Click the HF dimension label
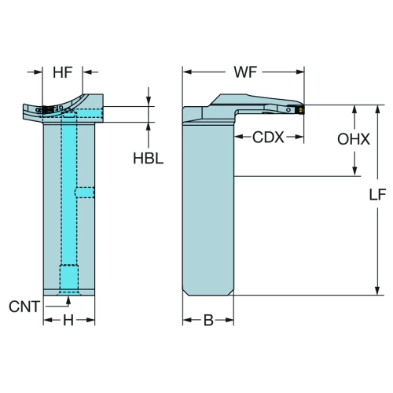pos(62,72)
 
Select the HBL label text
pos(148,158)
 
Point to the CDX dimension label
pos(268,137)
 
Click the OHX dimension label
pos(354,139)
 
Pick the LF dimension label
pos(377,195)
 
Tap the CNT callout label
pos(24,307)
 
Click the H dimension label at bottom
pos(68,320)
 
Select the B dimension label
pos(208,320)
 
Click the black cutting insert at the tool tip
pos(300,109)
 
